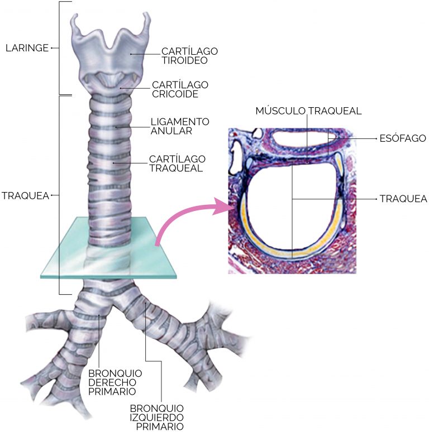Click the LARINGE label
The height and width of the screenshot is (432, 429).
[x=27, y=48]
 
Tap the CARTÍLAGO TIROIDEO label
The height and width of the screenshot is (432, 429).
[x=189, y=56]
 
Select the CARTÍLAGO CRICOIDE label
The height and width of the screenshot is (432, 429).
[x=180, y=89]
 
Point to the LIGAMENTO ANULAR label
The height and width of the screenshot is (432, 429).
[x=180, y=126]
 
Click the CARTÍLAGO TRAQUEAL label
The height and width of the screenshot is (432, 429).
[x=177, y=164]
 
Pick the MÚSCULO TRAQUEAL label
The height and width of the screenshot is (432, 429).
[x=308, y=111]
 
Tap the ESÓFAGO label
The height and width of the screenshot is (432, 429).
[x=403, y=138]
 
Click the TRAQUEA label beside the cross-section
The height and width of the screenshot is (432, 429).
[x=403, y=199]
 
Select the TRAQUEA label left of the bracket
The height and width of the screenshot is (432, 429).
[x=25, y=195]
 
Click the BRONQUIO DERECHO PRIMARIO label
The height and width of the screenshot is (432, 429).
[x=115, y=382]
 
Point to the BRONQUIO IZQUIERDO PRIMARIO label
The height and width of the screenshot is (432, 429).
[x=157, y=417]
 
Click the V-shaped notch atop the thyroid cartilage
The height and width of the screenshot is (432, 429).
[x=111, y=47]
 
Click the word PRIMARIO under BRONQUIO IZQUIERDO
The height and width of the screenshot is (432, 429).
[x=160, y=426]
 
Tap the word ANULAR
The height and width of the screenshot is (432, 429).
[x=171, y=131]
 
